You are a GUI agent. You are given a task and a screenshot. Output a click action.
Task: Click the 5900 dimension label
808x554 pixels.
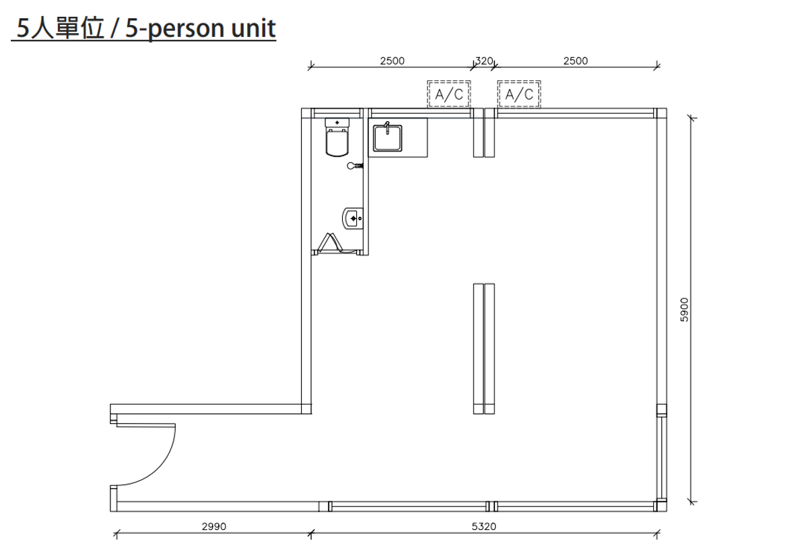[x=684, y=310]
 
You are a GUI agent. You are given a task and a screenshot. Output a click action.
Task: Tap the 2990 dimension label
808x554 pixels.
[x=214, y=526]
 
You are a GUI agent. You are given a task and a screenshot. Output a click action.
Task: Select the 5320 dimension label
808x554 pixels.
[x=483, y=526]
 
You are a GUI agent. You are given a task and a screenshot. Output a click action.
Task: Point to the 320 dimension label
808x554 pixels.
[x=484, y=61]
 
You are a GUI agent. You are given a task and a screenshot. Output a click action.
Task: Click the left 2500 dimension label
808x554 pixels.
[x=392, y=61]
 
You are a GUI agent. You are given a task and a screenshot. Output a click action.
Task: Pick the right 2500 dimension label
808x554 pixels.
[x=575, y=61]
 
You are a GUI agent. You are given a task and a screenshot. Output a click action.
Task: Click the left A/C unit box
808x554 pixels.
[x=448, y=94]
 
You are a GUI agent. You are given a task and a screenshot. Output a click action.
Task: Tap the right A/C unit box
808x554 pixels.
[x=518, y=94]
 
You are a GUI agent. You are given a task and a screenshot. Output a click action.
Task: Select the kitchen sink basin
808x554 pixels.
[x=387, y=138]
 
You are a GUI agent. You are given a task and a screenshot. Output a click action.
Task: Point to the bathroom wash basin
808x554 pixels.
[x=352, y=218]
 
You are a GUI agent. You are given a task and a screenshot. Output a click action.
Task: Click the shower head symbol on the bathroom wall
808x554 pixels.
[x=355, y=166]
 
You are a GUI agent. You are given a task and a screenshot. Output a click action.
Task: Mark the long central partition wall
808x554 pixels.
[x=483, y=349]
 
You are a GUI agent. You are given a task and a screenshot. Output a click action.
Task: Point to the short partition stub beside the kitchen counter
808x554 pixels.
[x=483, y=133]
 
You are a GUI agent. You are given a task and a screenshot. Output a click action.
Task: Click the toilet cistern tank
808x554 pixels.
[x=337, y=123]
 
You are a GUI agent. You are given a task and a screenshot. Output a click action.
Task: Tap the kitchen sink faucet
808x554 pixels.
[x=387, y=128]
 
